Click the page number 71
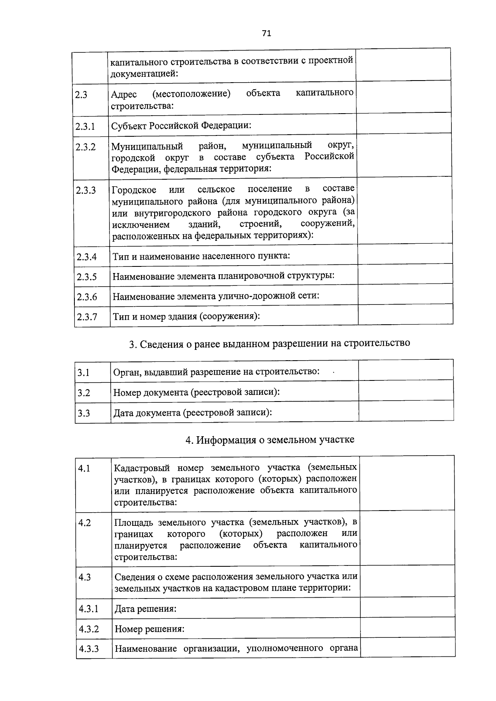tap(266, 33)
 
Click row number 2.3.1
tap(85, 126)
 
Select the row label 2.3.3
tap(86, 190)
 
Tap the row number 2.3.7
tap(87, 317)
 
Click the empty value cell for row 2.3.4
tap(405, 254)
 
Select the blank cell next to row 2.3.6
tap(405, 295)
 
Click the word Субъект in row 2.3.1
tap(129, 126)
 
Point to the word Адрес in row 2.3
tap(124, 95)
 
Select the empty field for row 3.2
tap(406, 391)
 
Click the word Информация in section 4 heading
tap(226, 440)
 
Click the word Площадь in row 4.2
tap(133, 523)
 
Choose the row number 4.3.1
tap(89, 609)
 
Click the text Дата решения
tap(145, 609)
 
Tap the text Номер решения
tap(149, 629)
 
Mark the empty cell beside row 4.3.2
tap(407, 628)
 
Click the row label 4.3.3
tap(89, 649)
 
